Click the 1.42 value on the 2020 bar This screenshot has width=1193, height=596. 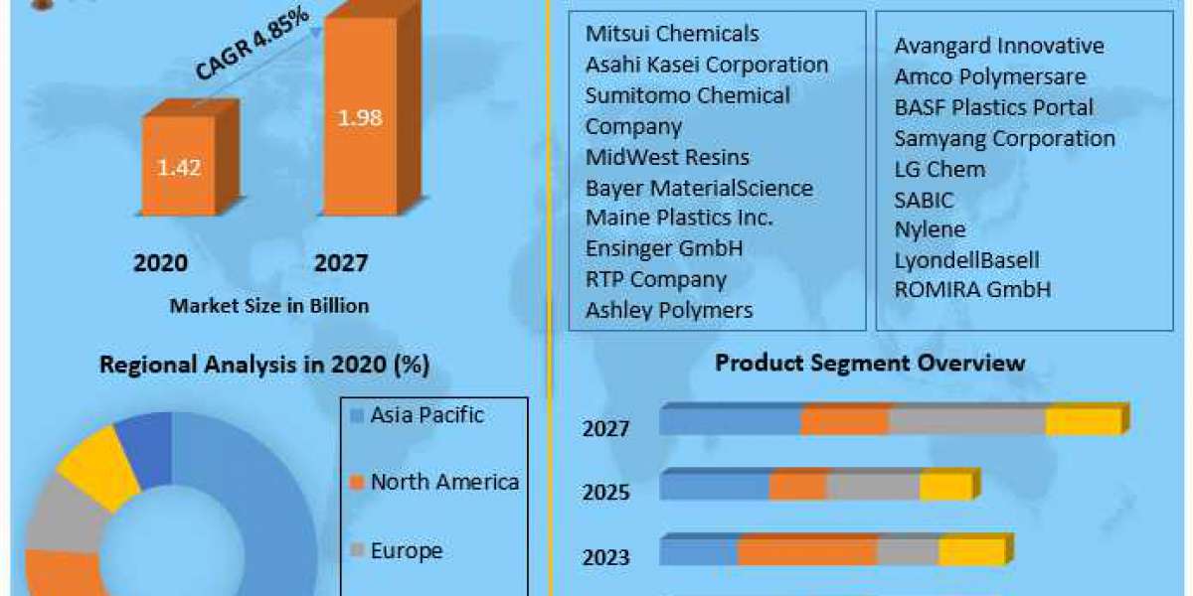point(179,167)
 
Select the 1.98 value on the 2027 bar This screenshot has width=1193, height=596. point(361,117)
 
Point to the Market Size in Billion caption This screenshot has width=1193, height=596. point(268,306)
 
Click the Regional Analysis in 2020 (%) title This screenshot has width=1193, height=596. point(263,365)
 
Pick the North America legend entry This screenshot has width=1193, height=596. point(443,483)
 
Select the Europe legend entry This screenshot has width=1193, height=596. point(406,550)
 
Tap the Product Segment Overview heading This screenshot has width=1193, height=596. point(870,363)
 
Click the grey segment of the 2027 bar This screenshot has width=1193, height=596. point(966,421)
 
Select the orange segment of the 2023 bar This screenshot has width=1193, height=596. point(806,552)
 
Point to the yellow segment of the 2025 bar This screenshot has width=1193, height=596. point(944,487)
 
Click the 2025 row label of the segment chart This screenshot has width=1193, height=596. point(605,492)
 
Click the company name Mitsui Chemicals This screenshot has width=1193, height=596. point(672,34)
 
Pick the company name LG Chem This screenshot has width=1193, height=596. point(939,169)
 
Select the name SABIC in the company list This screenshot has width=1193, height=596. point(924,200)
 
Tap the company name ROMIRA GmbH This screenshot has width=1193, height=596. point(972,290)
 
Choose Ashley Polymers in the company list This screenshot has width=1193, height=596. point(669,310)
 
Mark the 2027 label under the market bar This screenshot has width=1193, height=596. point(341,263)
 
